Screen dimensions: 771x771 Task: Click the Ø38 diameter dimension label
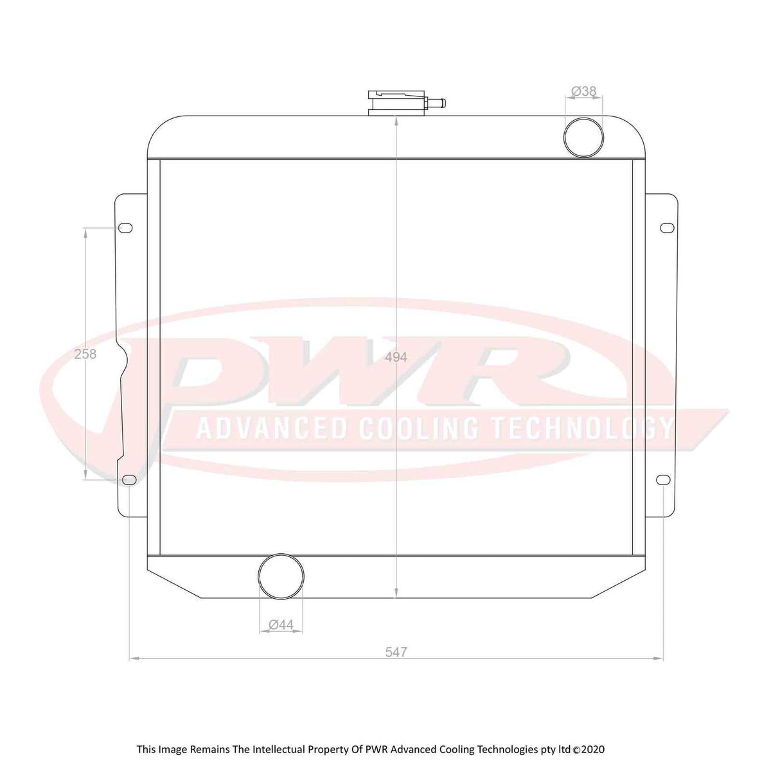pyautogui.click(x=584, y=92)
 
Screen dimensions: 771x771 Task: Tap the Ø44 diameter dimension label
pyautogui.click(x=281, y=624)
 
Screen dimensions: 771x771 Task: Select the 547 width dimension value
pyautogui.click(x=396, y=652)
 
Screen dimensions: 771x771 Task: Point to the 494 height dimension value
pyautogui.click(x=396, y=357)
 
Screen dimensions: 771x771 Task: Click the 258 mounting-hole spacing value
pyautogui.click(x=85, y=354)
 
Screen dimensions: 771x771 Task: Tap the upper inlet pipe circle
pyautogui.click(x=584, y=137)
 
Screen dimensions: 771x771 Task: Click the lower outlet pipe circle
pyautogui.click(x=281, y=575)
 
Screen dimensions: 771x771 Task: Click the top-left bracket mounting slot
pyautogui.click(x=126, y=228)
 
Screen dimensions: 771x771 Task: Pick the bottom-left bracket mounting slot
pyautogui.click(x=128, y=481)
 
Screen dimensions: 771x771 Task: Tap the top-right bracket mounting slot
pyautogui.click(x=668, y=228)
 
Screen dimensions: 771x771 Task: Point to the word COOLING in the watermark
pyautogui.click(x=418, y=429)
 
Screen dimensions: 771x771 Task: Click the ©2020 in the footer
pyautogui.click(x=589, y=750)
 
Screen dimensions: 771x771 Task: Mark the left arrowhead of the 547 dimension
pyautogui.click(x=132, y=658)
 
